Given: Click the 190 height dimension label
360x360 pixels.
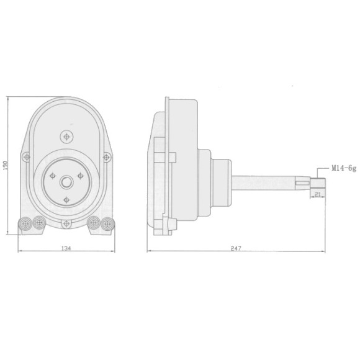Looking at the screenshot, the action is (x=6, y=165).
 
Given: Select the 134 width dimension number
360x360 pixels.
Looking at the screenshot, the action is (x=66, y=248).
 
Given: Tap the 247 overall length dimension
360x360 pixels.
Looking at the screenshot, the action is (x=236, y=248).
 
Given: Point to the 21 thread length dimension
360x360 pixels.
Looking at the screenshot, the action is (x=318, y=194).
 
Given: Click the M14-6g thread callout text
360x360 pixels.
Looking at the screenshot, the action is (x=344, y=169).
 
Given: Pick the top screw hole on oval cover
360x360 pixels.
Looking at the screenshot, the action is (x=66, y=137).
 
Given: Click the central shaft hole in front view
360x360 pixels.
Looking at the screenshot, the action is (x=66, y=182).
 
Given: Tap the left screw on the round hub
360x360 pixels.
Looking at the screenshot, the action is (x=53, y=176).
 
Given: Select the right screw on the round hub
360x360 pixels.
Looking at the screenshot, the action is (x=80, y=176).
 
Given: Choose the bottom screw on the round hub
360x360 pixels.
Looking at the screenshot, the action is (x=66, y=200).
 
